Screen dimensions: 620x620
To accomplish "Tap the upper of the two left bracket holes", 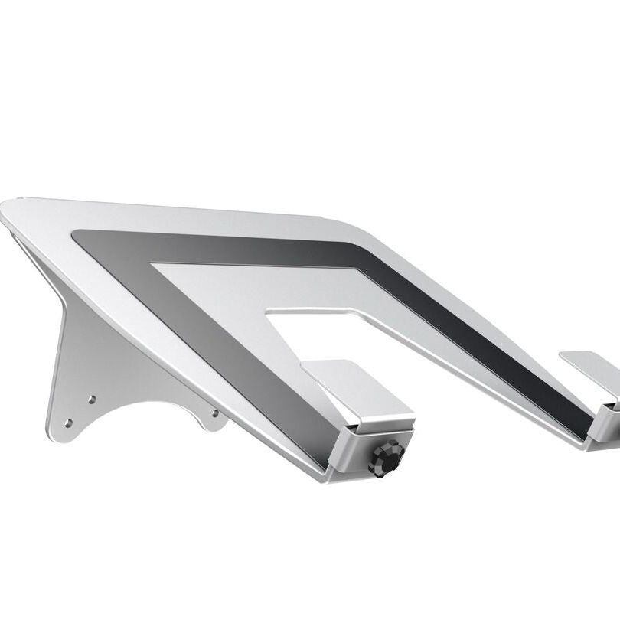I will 92,399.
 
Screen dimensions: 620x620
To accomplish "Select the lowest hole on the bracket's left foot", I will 68,422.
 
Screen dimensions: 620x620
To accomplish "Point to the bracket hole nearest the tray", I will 215,414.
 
